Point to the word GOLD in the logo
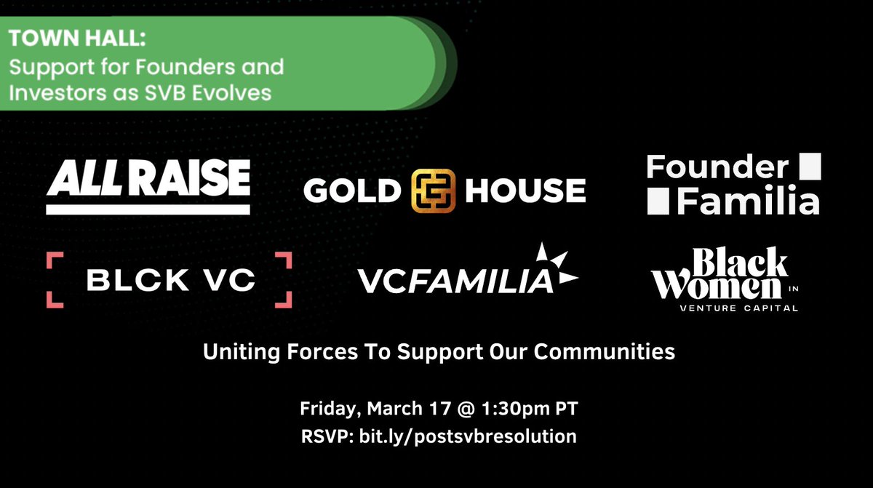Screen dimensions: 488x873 [x=352, y=191]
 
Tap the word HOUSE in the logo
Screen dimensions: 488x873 [x=525, y=191]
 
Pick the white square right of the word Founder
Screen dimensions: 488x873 [x=809, y=167]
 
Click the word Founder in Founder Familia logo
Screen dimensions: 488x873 [x=717, y=168]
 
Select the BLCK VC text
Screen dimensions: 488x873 [x=169, y=280]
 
